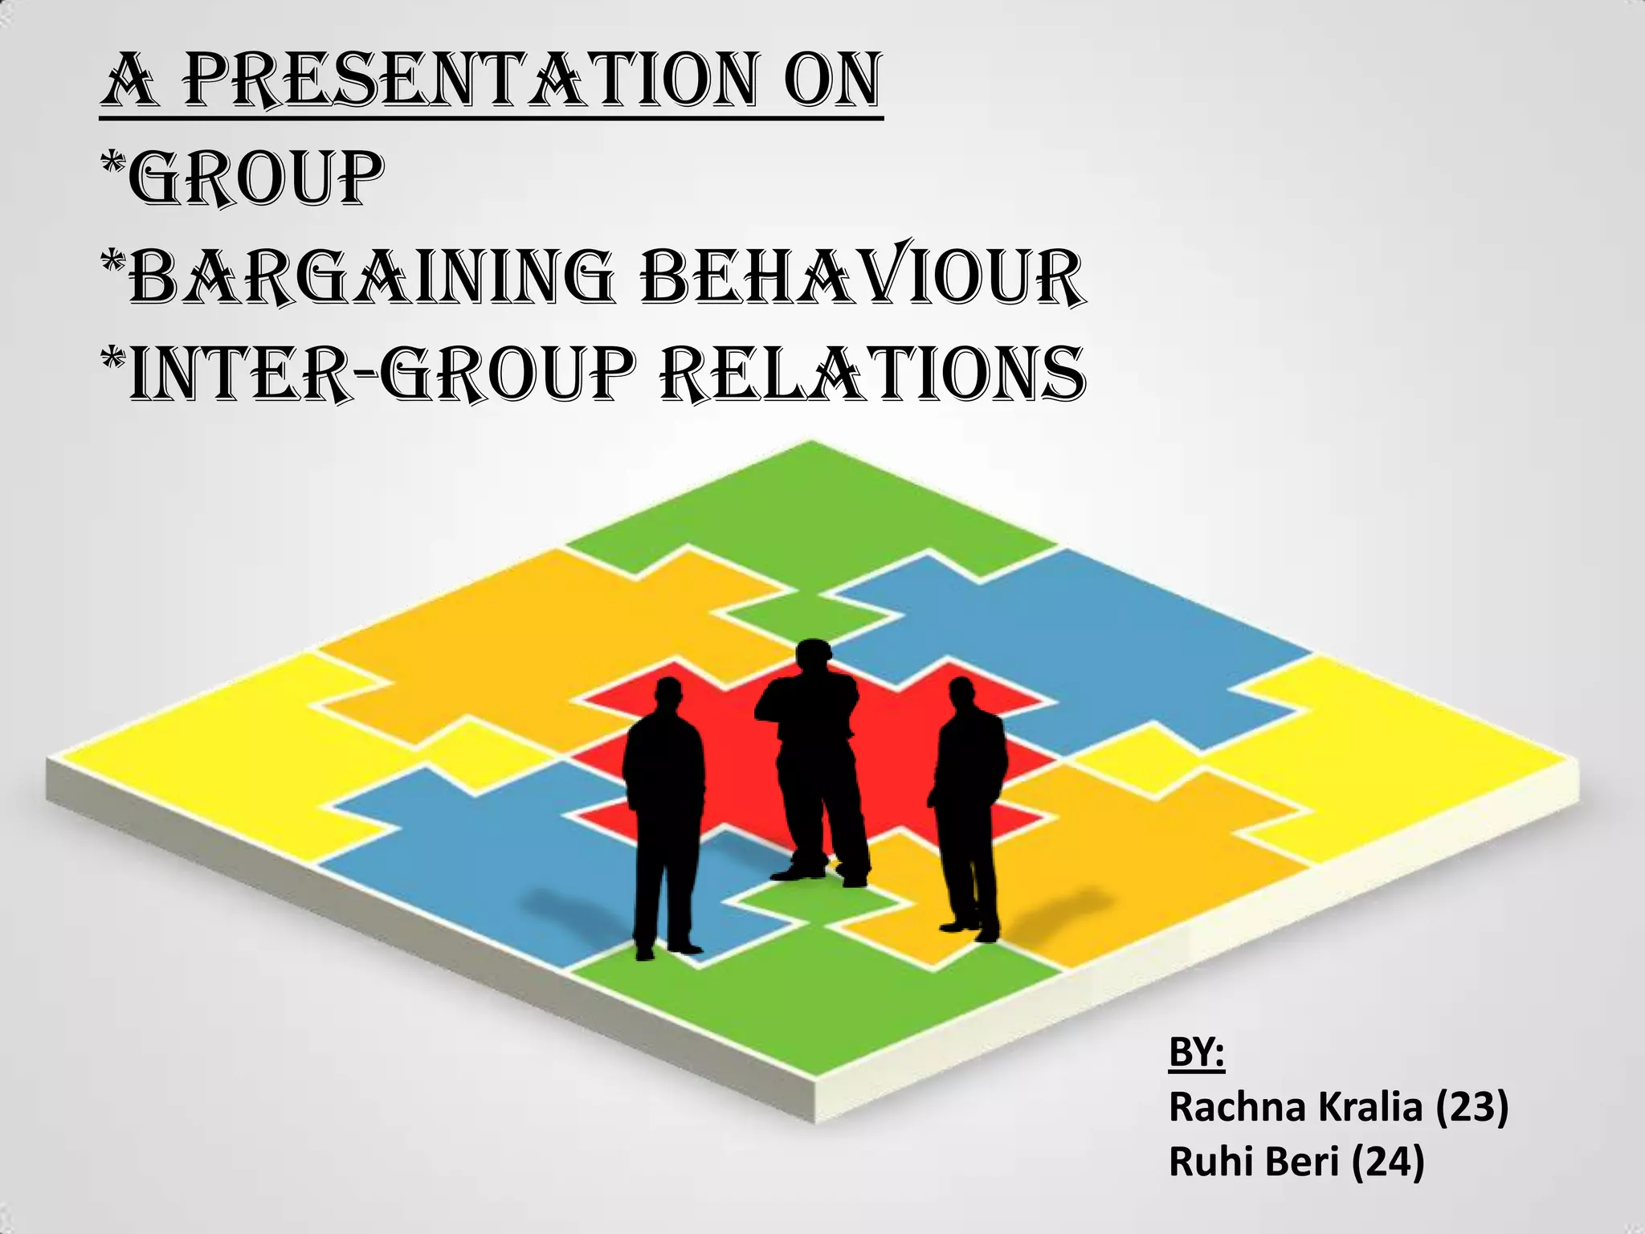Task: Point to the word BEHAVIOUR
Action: [x=863, y=278]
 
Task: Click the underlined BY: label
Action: [x=1196, y=1053]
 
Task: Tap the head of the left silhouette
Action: [x=668, y=697]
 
